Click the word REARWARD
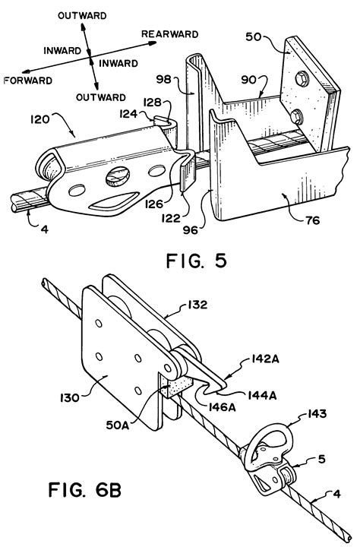(170, 34)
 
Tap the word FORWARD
(28, 81)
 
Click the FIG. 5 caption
(197, 261)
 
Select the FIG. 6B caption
(85, 489)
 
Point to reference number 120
(40, 120)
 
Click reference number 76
(312, 220)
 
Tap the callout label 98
(163, 80)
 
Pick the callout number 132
(197, 305)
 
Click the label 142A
(265, 359)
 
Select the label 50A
(117, 425)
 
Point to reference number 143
(317, 414)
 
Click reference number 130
(69, 397)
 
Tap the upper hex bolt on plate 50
(302, 79)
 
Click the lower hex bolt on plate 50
(296, 115)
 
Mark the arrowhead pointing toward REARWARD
(152, 43)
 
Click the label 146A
(222, 406)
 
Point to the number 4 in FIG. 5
(45, 229)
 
